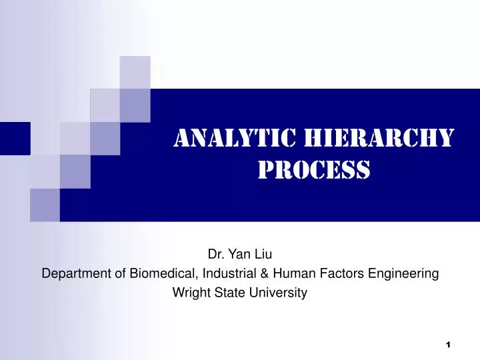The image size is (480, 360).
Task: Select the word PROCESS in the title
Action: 313,170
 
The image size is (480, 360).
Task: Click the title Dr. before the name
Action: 216,253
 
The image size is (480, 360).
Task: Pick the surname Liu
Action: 262,253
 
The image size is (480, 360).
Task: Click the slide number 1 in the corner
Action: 448,344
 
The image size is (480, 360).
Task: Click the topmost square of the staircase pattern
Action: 135,71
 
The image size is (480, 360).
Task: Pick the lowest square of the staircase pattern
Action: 45,205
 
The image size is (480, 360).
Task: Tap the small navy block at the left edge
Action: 15,138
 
